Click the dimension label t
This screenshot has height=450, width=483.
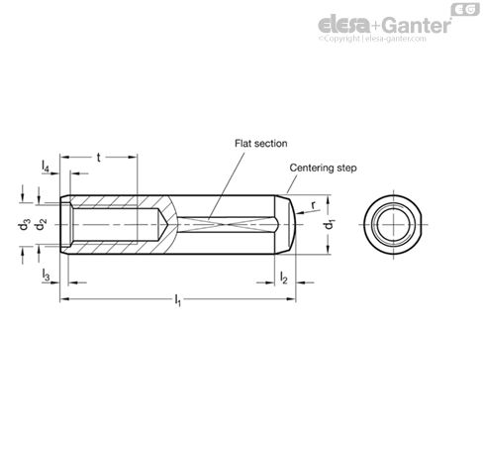click(100, 157)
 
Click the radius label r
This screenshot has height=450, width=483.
click(314, 206)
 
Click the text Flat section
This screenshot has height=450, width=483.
click(260, 143)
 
